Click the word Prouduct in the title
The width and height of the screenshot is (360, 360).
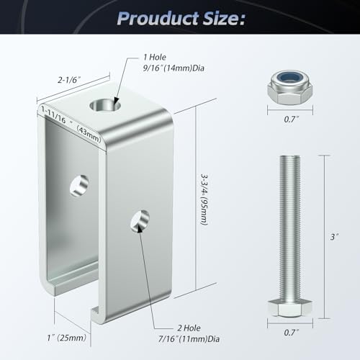158,19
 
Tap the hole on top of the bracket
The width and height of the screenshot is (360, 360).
105,105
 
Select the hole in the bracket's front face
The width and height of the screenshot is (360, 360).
140,221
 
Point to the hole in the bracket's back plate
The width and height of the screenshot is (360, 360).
79,186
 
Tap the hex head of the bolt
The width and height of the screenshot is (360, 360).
290,308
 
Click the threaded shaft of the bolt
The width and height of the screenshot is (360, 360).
290,228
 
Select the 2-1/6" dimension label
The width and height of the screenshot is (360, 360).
69,79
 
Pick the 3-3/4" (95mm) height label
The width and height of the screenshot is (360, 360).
204,199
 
